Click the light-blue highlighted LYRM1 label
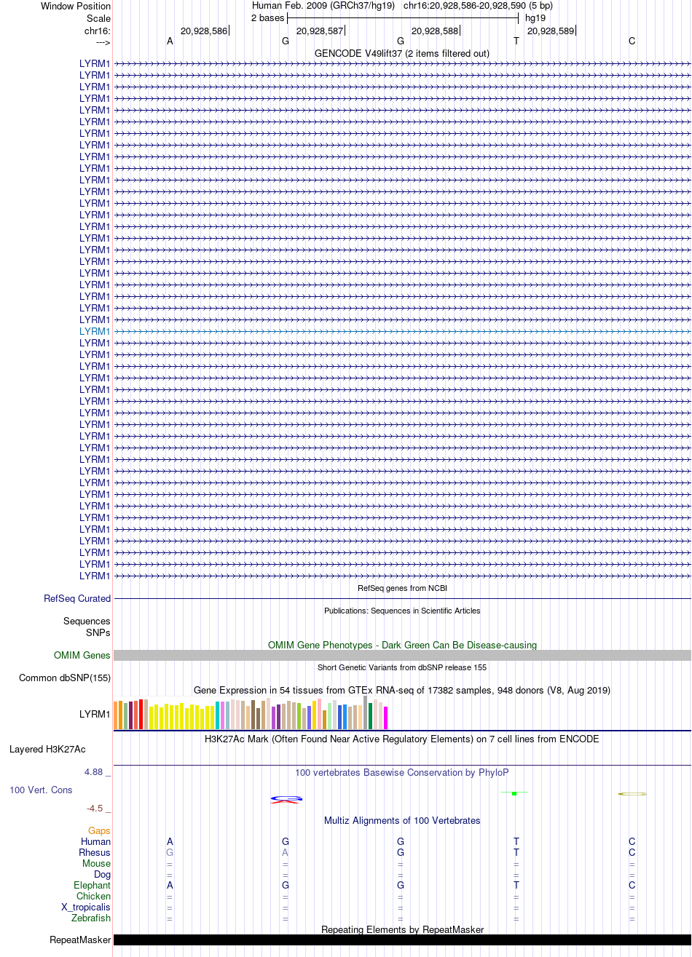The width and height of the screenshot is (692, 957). click(x=95, y=331)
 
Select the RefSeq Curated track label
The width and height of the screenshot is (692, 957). click(x=77, y=598)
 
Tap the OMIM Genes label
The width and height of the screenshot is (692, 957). click(x=82, y=655)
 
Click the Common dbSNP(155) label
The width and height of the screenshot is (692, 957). click(x=65, y=678)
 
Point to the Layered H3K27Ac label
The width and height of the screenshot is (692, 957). click(x=47, y=749)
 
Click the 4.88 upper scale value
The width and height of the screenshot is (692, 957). click(x=94, y=771)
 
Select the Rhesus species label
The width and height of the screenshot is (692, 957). click(x=95, y=852)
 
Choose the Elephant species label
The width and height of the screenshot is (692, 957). click(x=92, y=885)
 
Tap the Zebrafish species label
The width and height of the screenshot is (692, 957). click(x=90, y=918)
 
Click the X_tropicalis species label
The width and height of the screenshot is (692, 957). click(x=85, y=907)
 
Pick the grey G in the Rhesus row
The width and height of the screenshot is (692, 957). click(x=170, y=852)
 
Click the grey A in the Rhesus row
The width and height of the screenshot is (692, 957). click(x=286, y=852)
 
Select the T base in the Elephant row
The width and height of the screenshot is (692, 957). click(x=516, y=885)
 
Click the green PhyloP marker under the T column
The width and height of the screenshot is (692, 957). click(x=514, y=793)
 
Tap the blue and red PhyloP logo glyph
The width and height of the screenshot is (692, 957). click(x=286, y=799)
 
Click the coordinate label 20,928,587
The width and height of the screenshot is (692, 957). click(x=320, y=31)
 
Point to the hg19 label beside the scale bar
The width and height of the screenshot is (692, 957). click(x=535, y=18)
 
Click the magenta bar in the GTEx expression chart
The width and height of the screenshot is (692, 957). click(x=385, y=718)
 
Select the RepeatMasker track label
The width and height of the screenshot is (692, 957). click(x=80, y=940)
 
